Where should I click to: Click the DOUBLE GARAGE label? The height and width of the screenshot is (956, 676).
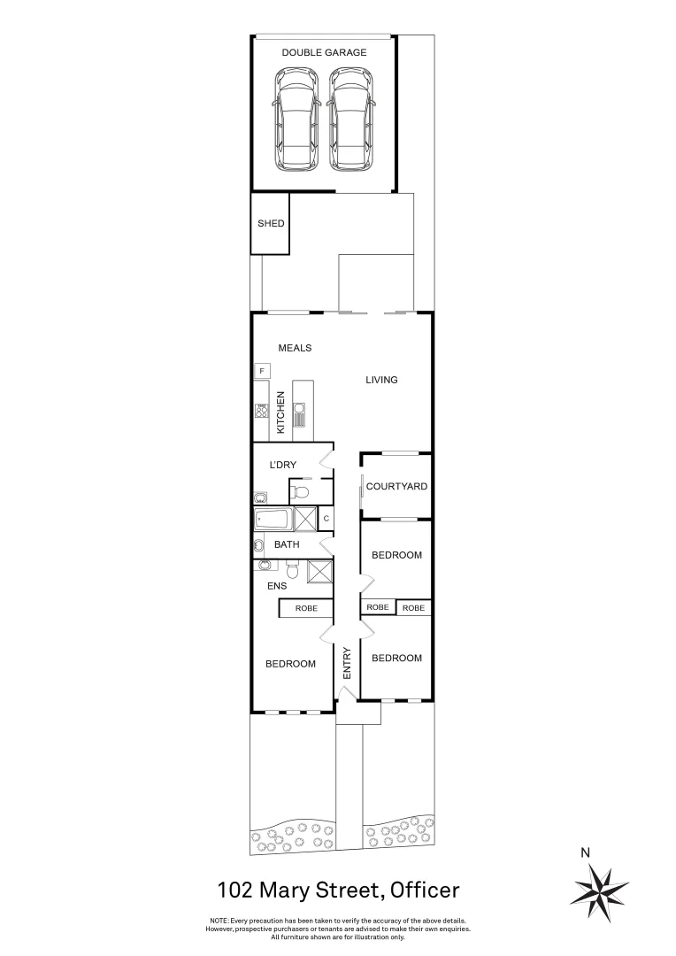pyautogui.click(x=324, y=53)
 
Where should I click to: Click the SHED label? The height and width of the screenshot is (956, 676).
pyautogui.click(x=271, y=223)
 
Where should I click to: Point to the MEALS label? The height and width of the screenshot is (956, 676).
pyautogui.click(x=295, y=348)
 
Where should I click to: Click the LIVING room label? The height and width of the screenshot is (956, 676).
pyautogui.click(x=382, y=380)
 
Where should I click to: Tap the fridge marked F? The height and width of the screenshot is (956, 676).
pyautogui.click(x=262, y=370)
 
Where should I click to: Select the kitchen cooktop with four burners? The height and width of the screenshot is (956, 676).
pyautogui.click(x=262, y=410)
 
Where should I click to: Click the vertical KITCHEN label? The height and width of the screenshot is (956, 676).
pyautogui.click(x=281, y=412)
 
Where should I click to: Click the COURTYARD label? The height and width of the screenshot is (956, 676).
pyautogui.click(x=396, y=486)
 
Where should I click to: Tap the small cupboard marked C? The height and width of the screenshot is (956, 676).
pyautogui.click(x=326, y=518)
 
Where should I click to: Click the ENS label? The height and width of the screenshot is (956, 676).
pyautogui.click(x=277, y=585)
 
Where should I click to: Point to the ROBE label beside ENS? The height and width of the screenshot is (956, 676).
pyautogui.click(x=306, y=608)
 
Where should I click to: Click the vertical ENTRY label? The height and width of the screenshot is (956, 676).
pyautogui.click(x=347, y=663)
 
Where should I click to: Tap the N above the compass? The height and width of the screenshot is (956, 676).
pyautogui.click(x=585, y=853)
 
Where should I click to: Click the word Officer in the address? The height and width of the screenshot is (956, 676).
pyautogui.click(x=419, y=889)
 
